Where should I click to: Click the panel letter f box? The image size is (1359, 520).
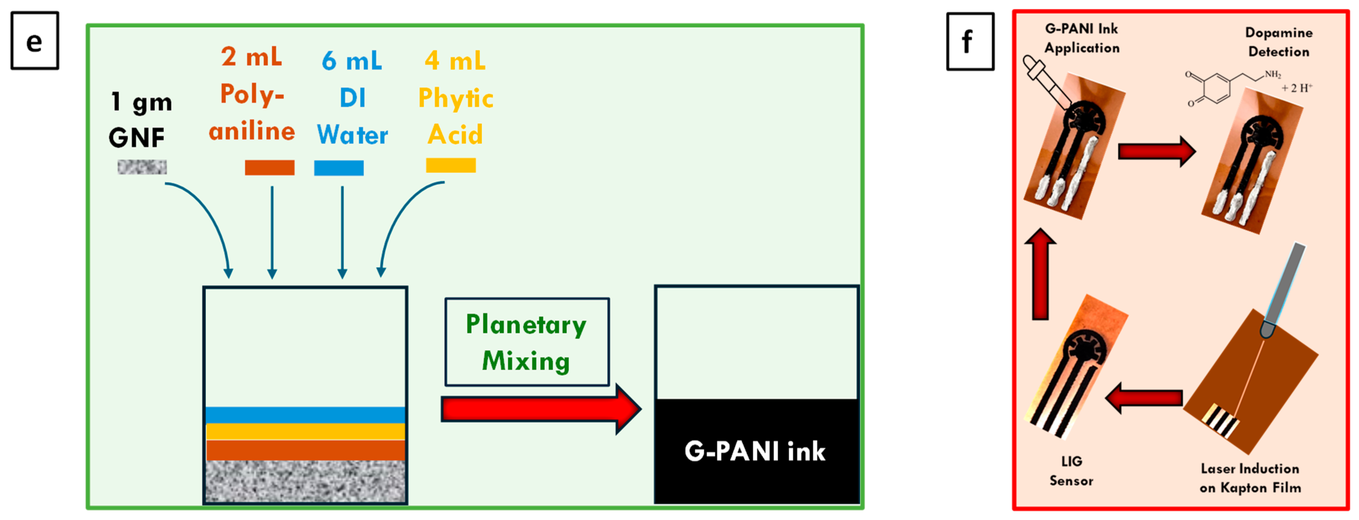(970, 41)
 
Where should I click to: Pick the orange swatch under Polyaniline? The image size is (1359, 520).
(269, 167)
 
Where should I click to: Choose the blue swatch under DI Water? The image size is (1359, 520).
(339, 168)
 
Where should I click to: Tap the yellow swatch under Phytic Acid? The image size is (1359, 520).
(451, 165)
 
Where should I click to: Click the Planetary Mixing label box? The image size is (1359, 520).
(526, 342)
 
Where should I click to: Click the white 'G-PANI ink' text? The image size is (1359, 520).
(755, 451)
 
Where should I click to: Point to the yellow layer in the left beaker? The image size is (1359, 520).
(305, 431)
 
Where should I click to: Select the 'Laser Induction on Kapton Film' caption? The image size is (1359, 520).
(1250, 478)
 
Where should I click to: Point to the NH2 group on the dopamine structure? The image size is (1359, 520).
(1272, 75)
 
